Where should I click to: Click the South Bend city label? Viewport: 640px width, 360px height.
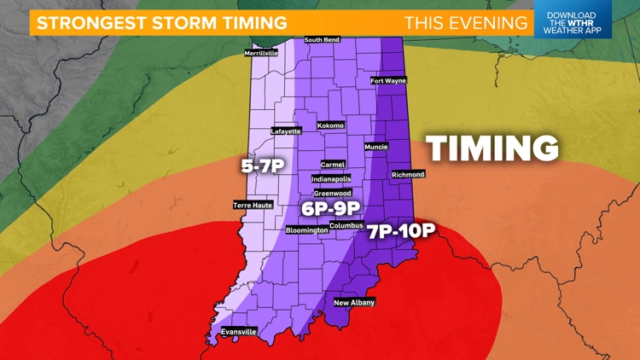coord(323,39)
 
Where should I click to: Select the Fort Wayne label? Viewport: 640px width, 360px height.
coord(388,81)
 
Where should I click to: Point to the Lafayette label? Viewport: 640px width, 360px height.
coord(286,131)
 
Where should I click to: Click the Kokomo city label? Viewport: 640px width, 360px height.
coord(330,125)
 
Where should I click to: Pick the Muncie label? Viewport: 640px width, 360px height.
coord(376,147)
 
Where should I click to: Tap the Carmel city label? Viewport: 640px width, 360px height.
coord(333,164)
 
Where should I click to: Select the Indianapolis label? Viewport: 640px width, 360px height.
coord(332,179)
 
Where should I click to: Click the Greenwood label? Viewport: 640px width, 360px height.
coord(332,193)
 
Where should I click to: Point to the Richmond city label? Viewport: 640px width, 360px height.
coord(408,174)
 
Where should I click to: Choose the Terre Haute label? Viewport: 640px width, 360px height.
coord(252,205)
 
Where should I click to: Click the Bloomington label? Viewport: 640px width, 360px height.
coord(306,230)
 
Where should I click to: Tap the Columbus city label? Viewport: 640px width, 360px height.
coord(346,225)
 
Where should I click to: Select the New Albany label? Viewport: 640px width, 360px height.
coord(354,302)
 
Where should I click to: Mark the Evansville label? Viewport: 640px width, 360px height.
coord(238,331)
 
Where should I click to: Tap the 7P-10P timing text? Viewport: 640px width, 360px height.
coord(402,231)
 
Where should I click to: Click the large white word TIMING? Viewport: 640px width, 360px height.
coord(492,148)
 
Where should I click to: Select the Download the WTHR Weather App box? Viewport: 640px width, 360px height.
coord(573,20)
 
